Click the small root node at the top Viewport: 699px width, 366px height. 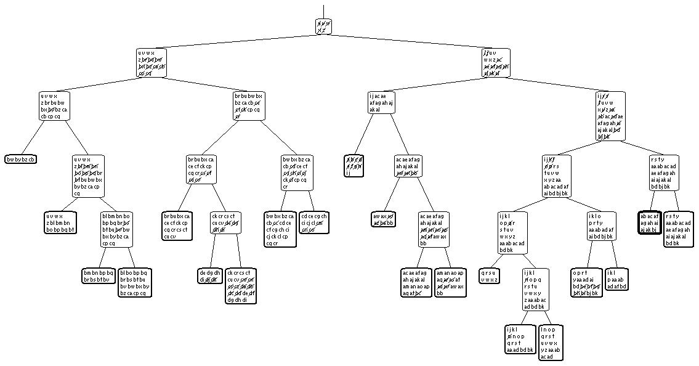pyautogui.click(x=324, y=26)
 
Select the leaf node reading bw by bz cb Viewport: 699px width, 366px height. pyautogui.click(x=21, y=159)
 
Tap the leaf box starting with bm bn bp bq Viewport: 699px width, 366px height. pyautogui.click(x=99, y=275)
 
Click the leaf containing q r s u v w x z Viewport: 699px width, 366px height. pyautogui.click(x=489, y=275)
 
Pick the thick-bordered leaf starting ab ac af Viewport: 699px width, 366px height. pyautogui.click(x=649, y=223)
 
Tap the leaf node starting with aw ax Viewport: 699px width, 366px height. pyautogui.click(x=383, y=219)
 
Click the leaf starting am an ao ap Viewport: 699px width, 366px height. pyautogui.click(x=450, y=283)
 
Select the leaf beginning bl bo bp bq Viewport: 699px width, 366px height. pyautogui.click(x=135, y=283)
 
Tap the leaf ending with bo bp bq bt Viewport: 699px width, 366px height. pyautogui.click(x=60, y=223)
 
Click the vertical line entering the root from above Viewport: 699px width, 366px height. pyautogui.click(x=323, y=9)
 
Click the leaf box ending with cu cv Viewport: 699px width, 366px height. pyautogui.click(x=177, y=227)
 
